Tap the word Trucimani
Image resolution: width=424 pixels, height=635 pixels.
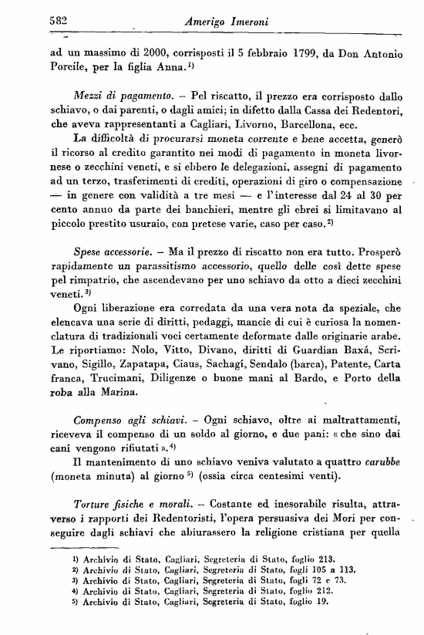109,391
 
